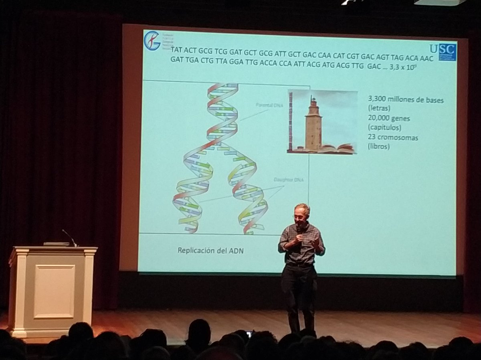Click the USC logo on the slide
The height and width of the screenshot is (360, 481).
[x=445, y=52]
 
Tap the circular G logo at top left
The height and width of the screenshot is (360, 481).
[x=152, y=40]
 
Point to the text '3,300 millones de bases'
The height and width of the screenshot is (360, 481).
[x=405, y=100]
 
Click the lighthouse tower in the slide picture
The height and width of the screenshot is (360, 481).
[x=313, y=122]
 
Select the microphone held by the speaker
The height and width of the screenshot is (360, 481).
[x=299, y=231]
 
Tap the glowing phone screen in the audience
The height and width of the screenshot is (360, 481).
[x=249, y=334]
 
